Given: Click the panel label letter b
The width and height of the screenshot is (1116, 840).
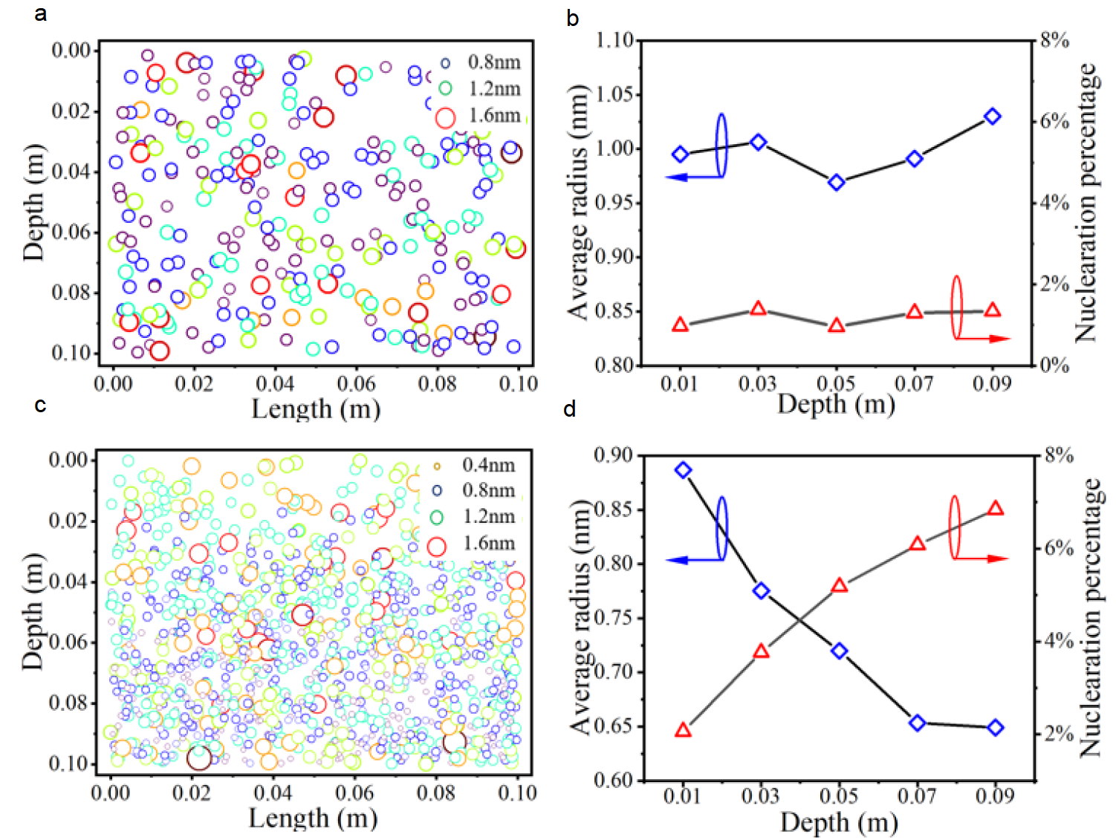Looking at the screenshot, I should coord(572,19).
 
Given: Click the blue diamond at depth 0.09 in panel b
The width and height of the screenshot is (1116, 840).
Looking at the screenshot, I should coord(992,117).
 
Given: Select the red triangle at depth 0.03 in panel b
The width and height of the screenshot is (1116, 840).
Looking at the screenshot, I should coord(758,308).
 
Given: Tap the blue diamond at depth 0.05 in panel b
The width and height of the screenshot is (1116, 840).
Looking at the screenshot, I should coord(837,182).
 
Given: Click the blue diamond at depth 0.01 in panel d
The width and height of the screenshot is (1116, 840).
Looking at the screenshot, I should coord(684,469).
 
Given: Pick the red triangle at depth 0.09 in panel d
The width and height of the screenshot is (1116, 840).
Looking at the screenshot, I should coord(996,509).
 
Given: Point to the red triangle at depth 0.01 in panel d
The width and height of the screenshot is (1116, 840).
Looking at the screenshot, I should coord(684,730).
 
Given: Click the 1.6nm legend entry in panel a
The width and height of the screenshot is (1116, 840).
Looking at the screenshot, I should coord(479,116).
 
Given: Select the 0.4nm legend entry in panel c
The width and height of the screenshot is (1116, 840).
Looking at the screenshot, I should coord(476,465).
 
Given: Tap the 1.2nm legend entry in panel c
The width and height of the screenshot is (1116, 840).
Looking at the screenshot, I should coord(476,516).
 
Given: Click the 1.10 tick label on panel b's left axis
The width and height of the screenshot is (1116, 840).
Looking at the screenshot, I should coord(614,39).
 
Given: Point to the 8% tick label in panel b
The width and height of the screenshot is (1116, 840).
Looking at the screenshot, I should coord(1054,39).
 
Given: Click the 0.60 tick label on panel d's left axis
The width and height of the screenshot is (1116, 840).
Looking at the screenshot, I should coord(614,779).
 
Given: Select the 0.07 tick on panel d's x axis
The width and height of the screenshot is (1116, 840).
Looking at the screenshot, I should coord(917,796).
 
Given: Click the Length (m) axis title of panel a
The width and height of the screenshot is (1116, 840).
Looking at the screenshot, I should coord(316,408).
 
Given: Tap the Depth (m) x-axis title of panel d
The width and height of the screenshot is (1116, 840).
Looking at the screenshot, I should coord(839,822).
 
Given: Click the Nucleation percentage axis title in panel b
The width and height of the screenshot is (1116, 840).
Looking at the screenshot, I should coord(1086,202).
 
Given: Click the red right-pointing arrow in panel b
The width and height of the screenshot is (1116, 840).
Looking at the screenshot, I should coord(984,339).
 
